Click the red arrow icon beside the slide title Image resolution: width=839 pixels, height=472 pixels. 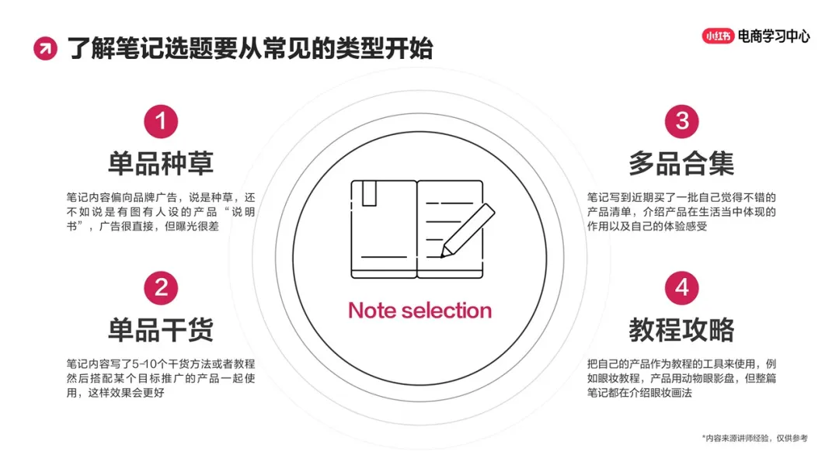coord(45,49)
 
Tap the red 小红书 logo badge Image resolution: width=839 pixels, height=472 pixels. coord(719,36)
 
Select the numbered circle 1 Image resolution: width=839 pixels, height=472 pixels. coord(161,121)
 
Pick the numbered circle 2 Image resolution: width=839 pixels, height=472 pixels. coord(161,288)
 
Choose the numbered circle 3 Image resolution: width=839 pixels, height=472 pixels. coord(681,121)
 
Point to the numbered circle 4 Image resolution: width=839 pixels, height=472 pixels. coord(681,288)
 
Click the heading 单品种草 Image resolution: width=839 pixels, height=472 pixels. coord(161,164)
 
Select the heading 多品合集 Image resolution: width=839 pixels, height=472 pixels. coord(681,164)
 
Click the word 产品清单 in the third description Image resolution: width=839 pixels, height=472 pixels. coord(612,212)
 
